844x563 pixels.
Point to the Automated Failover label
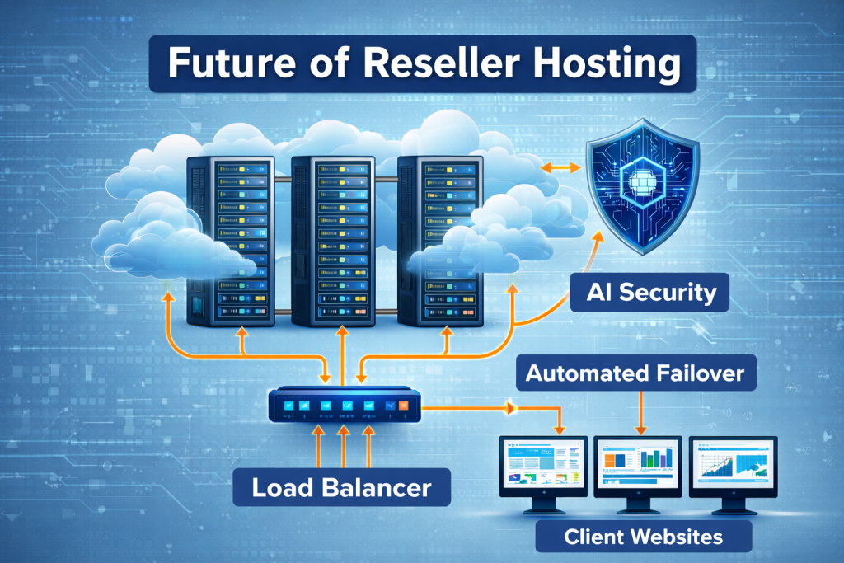click(635, 374)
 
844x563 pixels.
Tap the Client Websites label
click(643, 537)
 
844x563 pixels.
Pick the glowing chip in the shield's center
click(640, 177)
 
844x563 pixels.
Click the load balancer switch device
click(341, 406)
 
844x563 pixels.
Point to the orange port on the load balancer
click(403, 406)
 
